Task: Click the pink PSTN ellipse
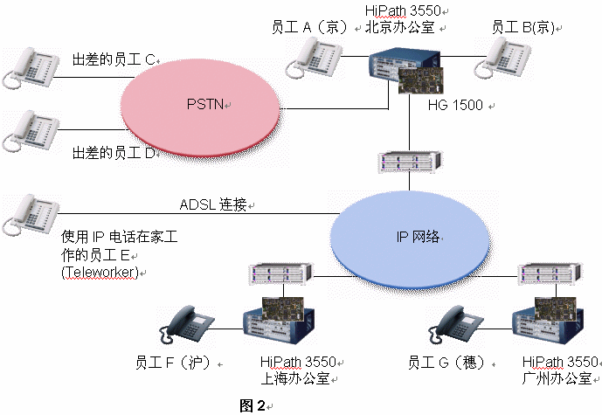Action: pyautogui.click(x=206, y=106)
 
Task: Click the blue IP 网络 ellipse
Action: pyautogui.click(x=412, y=236)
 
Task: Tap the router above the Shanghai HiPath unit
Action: pyautogui.click(x=277, y=274)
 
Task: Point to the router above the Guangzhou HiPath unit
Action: pyautogui.click(x=545, y=274)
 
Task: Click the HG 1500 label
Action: pyautogui.click(x=458, y=106)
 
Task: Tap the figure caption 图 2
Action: pyautogui.click(x=253, y=405)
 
